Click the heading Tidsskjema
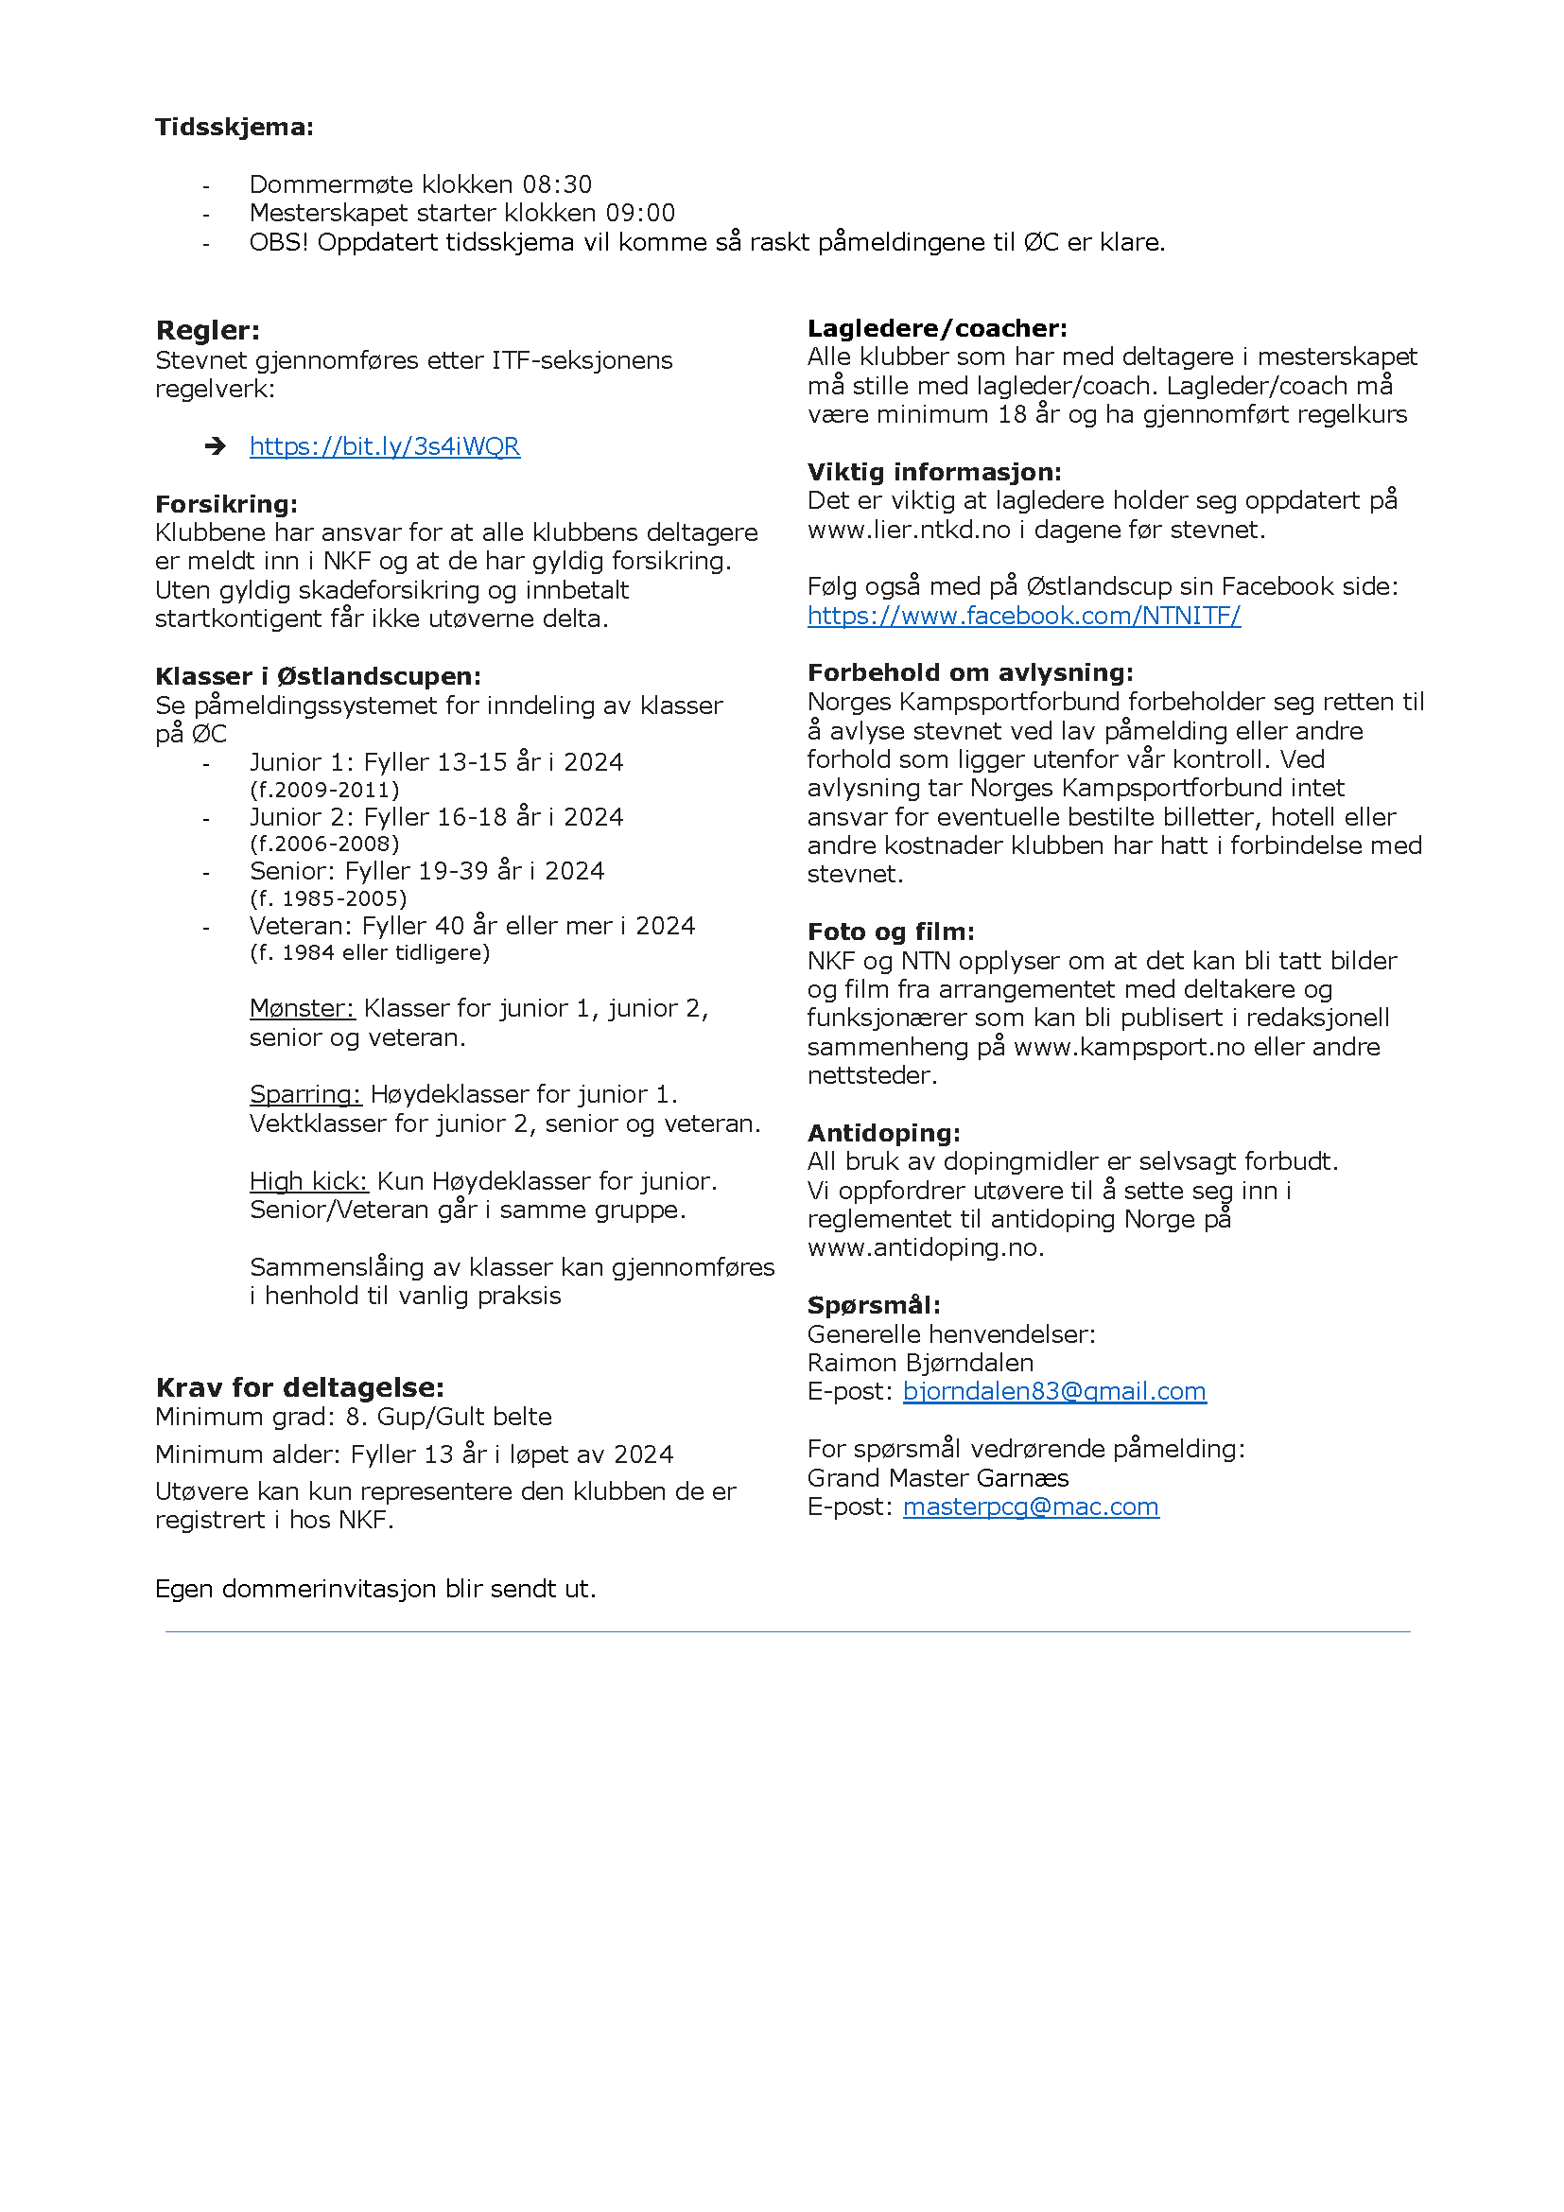point(234,127)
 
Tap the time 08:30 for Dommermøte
point(557,184)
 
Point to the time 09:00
point(639,213)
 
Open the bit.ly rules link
point(384,446)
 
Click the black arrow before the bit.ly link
point(216,446)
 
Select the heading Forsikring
point(226,504)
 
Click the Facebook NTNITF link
point(1023,616)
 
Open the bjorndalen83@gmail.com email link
point(1053,1391)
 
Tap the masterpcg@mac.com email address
point(1031,1507)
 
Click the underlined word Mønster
point(302,1009)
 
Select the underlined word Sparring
point(304,1094)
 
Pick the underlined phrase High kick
point(308,1181)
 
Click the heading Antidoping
point(883,1133)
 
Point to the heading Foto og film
point(890,932)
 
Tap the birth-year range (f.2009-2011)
point(324,790)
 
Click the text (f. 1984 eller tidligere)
point(370,953)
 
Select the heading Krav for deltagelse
point(300,1387)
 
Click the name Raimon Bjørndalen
point(920,1364)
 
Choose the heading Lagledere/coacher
point(936,328)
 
